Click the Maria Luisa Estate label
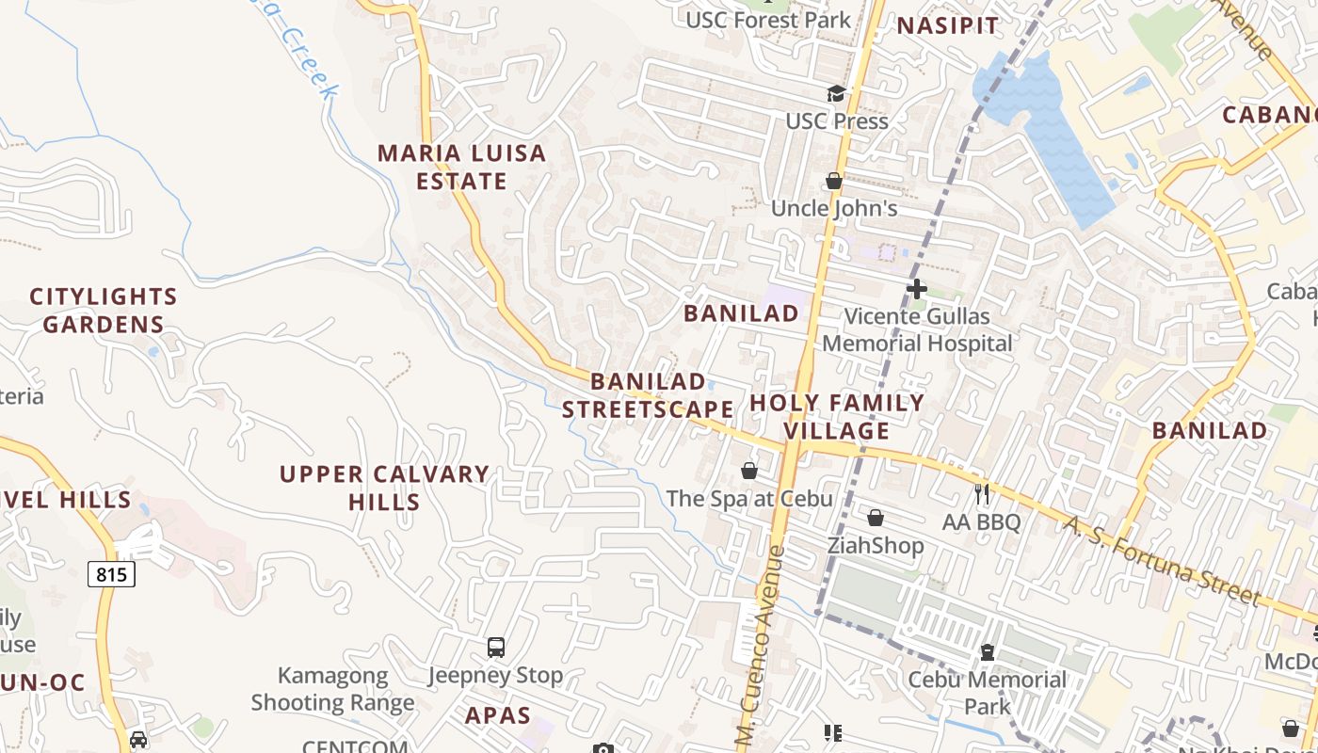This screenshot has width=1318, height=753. (x=461, y=167)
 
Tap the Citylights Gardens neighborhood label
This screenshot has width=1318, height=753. (x=104, y=311)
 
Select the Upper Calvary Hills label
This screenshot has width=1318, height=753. (x=384, y=488)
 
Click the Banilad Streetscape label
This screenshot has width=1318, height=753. (x=648, y=395)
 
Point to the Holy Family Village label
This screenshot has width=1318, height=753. (x=837, y=417)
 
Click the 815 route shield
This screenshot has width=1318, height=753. (x=112, y=573)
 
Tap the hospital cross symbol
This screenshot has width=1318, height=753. (x=916, y=289)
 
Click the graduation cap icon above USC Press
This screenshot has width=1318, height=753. (x=836, y=93)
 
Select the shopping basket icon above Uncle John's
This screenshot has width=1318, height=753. (x=834, y=180)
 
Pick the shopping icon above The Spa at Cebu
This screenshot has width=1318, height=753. (x=749, y=470)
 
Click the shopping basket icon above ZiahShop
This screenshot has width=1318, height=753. (x=876, y=517)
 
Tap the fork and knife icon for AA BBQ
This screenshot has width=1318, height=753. (x=982, y=493)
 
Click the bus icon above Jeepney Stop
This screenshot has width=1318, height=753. (x=496, y=648)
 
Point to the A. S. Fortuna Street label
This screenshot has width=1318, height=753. (x=1162, y=560)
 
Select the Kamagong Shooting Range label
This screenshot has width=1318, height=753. (x=332, y=689)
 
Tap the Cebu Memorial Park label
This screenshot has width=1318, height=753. (x=987, y=692)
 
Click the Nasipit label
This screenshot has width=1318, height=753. (x=947, y=26)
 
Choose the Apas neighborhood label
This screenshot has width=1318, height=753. (x=498, y=715)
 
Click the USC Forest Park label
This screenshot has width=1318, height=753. (x=767, y=20)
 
